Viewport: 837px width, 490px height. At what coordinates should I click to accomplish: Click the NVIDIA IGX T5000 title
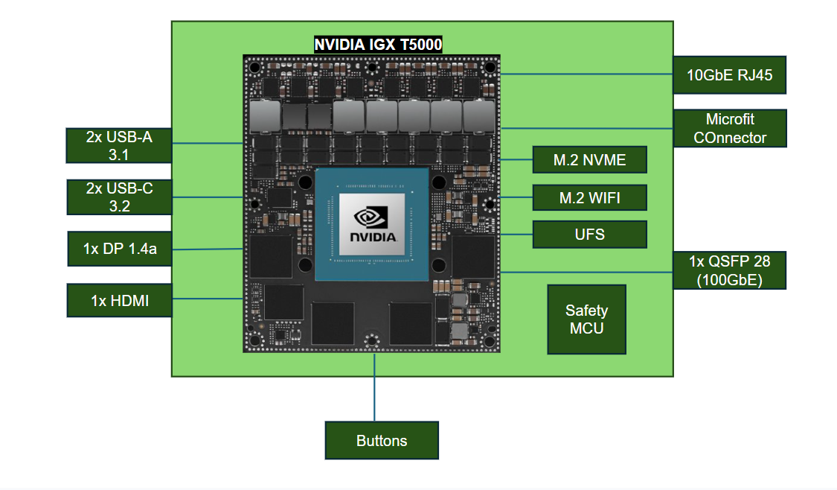pos(378,45)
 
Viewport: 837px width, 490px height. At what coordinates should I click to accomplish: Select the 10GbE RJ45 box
pos(729,74)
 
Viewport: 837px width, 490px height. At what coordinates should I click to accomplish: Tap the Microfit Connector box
pos(729,128)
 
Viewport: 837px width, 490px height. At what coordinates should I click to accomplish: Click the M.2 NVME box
pos(589,159)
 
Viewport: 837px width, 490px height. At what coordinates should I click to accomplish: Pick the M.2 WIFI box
pos(589,197)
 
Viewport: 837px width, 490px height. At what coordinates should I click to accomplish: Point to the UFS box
pos(589,235)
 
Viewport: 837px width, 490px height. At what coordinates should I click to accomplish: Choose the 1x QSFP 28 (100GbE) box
pos(729,271)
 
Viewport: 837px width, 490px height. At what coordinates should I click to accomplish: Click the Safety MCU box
pos(586,319)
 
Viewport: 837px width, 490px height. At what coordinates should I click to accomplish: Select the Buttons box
pos(382,440)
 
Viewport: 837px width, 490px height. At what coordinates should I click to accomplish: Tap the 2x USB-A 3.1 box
pos(119,145)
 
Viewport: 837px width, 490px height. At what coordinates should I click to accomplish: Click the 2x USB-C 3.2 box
pos(119,197)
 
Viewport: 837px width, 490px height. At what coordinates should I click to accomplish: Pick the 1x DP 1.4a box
pos(119,249)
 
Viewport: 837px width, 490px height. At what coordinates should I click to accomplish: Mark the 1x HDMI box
pos(119,300)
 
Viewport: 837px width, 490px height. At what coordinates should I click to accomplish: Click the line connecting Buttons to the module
pos(374,387)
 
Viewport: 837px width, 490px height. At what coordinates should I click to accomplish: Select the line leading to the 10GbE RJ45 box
pos(588,74)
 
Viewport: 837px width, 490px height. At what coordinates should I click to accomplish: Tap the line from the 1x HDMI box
pos(208,299)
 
